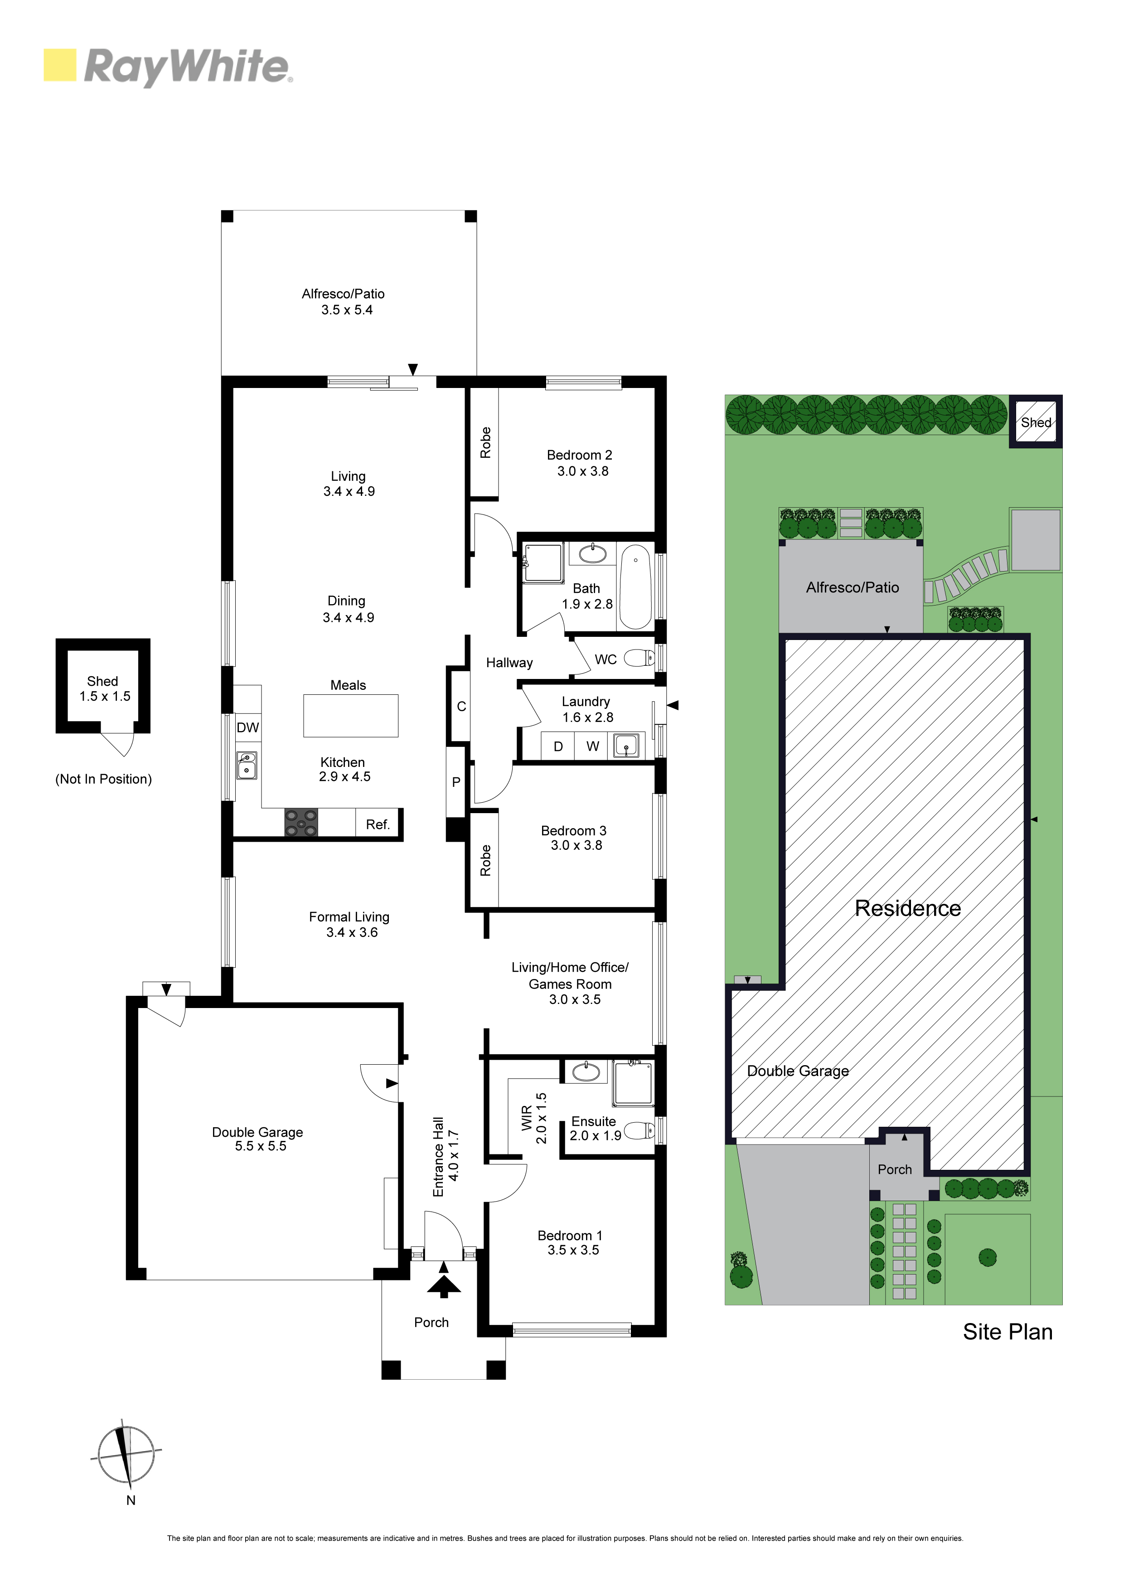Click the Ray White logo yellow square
pyautogui.click(x=59, y=65)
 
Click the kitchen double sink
pyautogui.click(x=247, y=765)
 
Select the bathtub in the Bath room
pyautogui.click(x=635, y=587)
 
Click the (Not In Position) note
pyautogui.click(x=103, y=779)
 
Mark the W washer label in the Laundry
pyautogui.click(x=593, y=746)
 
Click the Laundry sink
pyautogui.click(x=626, y=747)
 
